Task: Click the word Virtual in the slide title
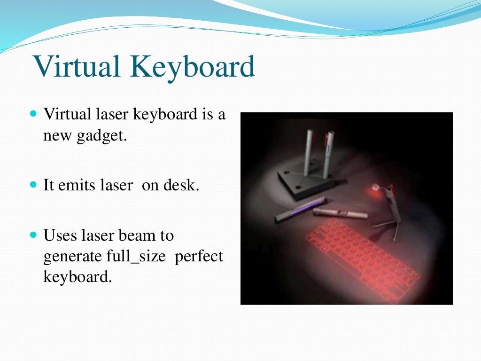point(77,67)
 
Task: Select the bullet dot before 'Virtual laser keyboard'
point(33,114)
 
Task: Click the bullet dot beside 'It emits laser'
point(33,185)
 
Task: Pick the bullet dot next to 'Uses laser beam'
point(33,234)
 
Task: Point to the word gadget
point(103,137)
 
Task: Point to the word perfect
point(199,257)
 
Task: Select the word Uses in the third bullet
point(57,235)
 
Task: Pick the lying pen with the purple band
point(301,209)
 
